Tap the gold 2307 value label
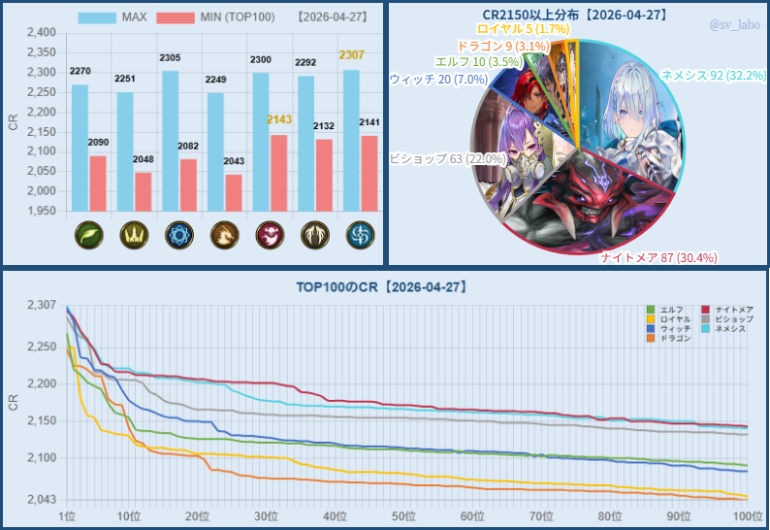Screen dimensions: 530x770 [352, 55]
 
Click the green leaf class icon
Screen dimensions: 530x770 [88, 236]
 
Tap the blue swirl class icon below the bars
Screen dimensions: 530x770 [360, 236]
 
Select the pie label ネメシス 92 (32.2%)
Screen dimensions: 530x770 [713, 75]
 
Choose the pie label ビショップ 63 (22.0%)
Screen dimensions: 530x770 [447, 158]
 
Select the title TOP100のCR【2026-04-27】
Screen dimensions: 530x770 [384, 287]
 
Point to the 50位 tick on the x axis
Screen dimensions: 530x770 [404, 514]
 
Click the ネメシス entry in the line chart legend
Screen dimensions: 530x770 [729, 328]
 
